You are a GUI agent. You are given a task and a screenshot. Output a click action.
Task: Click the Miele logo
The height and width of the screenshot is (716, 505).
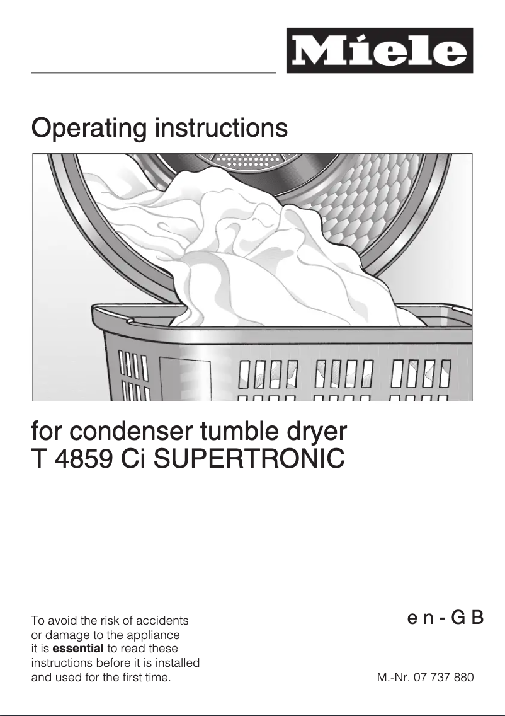(380, 50)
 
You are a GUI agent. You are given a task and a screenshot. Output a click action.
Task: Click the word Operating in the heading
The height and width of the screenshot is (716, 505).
(89, 129)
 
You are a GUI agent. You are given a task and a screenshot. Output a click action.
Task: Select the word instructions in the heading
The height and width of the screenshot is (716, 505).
(222, 128)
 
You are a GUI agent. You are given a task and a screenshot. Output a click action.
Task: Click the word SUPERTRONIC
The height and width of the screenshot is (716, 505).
(249, 459)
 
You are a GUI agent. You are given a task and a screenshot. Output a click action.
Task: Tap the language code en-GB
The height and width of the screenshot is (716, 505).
(445, 618)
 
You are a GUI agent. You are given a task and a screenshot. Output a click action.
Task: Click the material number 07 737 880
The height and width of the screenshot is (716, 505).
(443, 677)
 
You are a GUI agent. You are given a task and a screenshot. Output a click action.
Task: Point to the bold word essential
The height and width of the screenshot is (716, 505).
(79, 649)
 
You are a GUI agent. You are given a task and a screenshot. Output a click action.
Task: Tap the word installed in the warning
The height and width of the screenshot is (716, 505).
(176, 662)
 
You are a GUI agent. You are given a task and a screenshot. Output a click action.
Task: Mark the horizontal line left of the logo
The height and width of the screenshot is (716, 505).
(154, 72)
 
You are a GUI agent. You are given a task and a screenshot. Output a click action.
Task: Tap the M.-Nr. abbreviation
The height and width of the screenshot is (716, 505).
(394, 677)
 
